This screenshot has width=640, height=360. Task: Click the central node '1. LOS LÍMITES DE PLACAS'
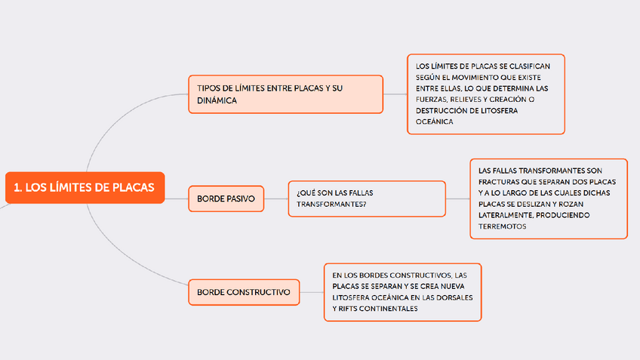point(84,188)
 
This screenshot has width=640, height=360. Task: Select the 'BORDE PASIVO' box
point(226,199)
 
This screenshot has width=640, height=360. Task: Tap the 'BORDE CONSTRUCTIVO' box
point(243,291)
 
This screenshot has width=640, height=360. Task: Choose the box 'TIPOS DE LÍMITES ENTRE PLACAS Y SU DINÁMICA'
point(285,94)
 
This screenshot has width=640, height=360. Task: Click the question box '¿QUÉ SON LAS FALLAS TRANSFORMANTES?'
point(367,198)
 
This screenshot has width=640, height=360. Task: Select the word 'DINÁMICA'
point(217,100)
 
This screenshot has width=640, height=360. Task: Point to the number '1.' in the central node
point(18,188)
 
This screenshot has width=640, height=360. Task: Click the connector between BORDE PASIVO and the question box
point(276,199)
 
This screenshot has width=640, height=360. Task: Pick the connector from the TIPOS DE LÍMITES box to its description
point(395,94)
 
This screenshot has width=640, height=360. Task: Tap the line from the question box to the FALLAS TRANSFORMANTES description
point(457,198)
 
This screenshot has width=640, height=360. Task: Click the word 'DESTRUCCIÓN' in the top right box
point(440,110)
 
